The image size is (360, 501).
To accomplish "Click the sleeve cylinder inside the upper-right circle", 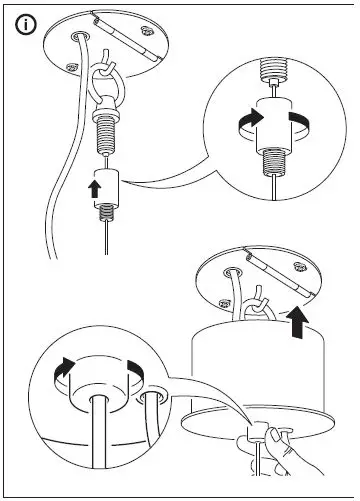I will (269, 119).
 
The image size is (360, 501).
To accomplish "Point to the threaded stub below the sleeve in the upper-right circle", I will (269, 161).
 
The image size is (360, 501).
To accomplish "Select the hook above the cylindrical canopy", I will (255, 299).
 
